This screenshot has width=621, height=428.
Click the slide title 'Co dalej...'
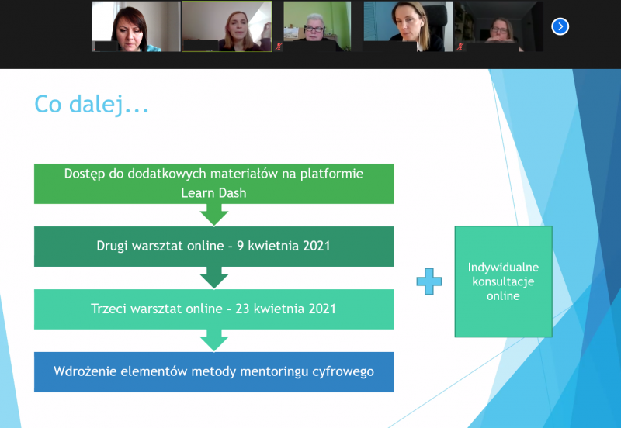tap(92, 105)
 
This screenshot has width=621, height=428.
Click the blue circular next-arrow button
tap(560, 26)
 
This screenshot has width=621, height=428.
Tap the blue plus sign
tap(429, 281)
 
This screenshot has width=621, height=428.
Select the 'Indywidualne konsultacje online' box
tap(503, 281)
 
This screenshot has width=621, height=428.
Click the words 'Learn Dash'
tap(214, 193)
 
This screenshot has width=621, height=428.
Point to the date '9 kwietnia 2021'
tap(283, 246)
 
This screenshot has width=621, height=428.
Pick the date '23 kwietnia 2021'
tap(286, 309)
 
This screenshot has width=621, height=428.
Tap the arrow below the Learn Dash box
tap(214, 215)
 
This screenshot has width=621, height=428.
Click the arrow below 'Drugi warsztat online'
tap(214, 278)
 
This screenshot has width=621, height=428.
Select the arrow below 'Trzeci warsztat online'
tap(214, 340)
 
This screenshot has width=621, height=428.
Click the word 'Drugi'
tap(112, 247)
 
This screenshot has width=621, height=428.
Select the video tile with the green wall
tap(317, 26)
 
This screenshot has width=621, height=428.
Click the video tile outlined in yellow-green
tap(227, 26)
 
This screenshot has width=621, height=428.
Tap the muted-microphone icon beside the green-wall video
tap(279, 47)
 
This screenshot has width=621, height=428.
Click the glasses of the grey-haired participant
tap(314, 29)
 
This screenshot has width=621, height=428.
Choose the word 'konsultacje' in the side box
tap(503, 281)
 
